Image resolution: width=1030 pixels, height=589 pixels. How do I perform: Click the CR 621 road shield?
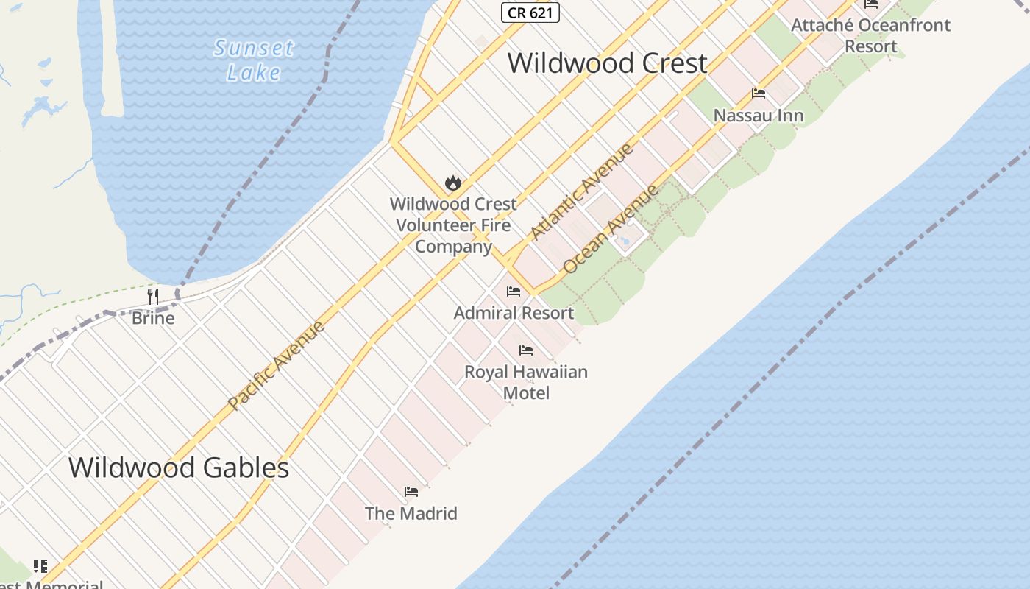tap(530, 13)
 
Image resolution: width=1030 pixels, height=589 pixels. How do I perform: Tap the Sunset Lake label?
tap(254, 60)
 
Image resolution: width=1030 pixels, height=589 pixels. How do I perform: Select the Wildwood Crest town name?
tap(607, 63)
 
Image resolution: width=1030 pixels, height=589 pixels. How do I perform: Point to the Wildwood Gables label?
tap(179, 468)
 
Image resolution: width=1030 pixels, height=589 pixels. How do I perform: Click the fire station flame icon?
tap(453, 183)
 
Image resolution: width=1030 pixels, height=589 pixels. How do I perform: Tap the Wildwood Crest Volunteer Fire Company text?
tap(453, 225)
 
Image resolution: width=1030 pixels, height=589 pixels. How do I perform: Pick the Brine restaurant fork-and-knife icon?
tap(153, 297)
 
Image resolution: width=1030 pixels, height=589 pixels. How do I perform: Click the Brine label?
tap(153, 318)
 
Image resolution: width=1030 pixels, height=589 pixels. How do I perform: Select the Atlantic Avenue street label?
tap(581, 191)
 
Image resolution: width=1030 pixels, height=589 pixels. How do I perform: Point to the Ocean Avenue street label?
tap(611, 229)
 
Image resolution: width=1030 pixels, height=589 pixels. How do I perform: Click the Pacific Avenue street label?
tap(276, 365)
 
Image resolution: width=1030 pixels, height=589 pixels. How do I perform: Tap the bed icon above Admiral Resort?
tap(514, 292)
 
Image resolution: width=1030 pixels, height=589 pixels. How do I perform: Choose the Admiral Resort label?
tap(514, 313)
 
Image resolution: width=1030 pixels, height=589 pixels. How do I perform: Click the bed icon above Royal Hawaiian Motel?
tap(526, 350)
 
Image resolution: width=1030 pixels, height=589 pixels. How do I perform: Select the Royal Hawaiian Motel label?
tap(526, 382)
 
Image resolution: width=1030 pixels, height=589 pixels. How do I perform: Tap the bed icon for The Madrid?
tap(411, 492)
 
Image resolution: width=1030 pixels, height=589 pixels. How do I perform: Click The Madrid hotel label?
tap(411, 513)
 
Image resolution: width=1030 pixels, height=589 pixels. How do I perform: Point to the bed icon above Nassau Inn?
tap(759, 94)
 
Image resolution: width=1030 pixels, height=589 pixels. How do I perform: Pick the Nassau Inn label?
tap(759, 116)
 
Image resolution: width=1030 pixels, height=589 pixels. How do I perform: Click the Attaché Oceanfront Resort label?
tap(870, 35)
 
